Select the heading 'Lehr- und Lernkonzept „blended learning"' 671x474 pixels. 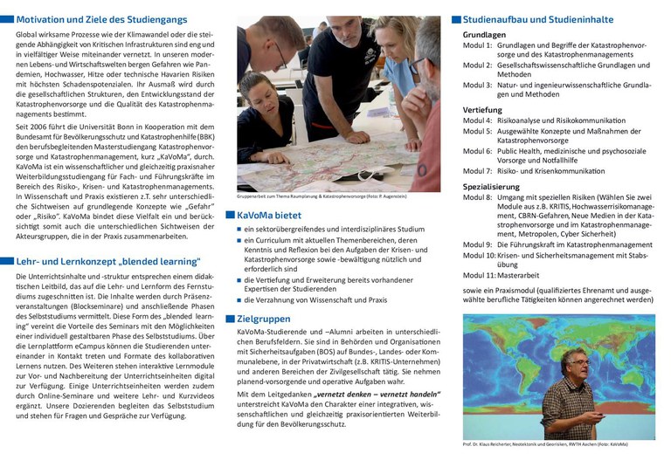pos(108,261)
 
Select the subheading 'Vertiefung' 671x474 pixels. pos(482,109)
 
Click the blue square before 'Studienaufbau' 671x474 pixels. pos(455,18)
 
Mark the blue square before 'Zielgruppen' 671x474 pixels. pos(230,319)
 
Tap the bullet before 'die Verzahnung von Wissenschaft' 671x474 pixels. pos(239,300)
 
